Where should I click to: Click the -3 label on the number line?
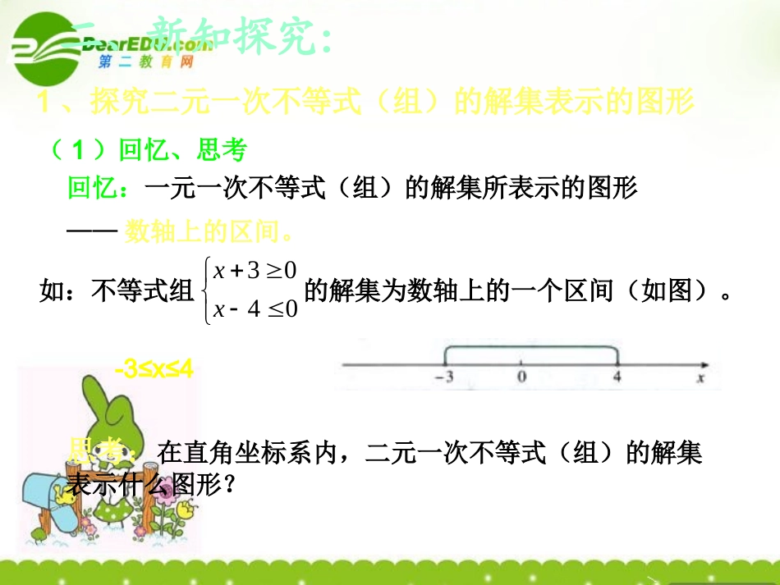tap(444, 377)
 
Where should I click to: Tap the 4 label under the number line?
tap(617, 377)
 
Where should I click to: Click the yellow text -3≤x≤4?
tap(154, 370)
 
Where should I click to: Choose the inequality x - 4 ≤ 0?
tap(254, 308)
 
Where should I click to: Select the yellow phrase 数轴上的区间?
tap(209, 232)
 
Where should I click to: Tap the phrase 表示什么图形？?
tap(152, 485)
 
